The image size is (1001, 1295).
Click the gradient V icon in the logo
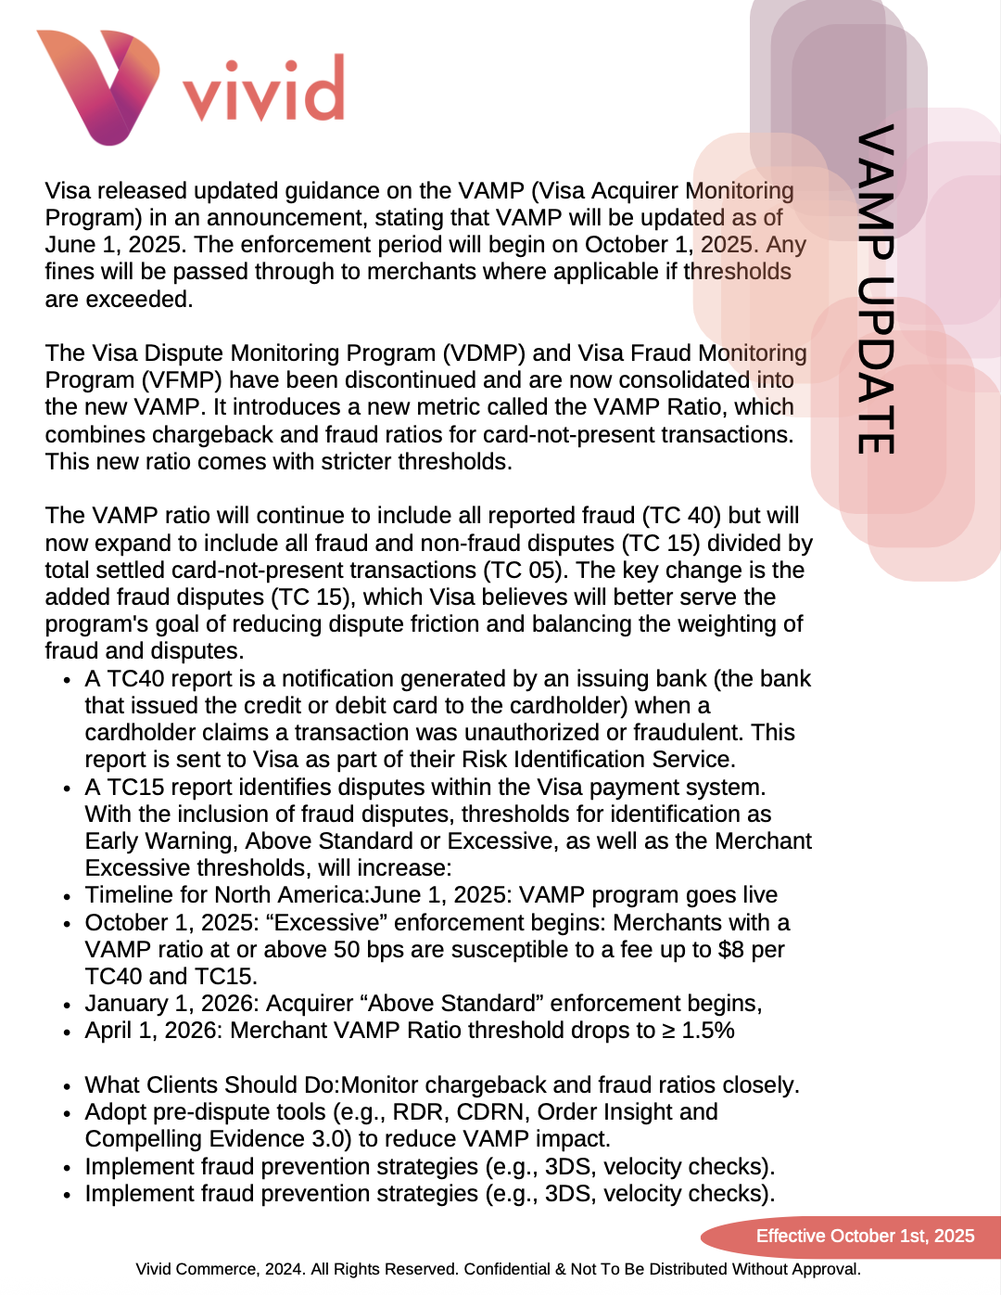coord(98,86)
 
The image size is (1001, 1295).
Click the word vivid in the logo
coord(263,91)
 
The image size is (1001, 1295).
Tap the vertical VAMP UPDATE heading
coord(876,288)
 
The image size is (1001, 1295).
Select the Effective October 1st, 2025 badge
coord(864,1236)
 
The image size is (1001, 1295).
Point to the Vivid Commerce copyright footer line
coord(499,1269)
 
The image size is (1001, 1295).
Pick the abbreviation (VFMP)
coord(181,380)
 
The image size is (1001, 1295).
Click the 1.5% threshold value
coord(708,1031)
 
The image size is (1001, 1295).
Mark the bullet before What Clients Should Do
coord(68,1086)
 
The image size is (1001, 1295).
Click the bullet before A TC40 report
coord(68,680)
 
